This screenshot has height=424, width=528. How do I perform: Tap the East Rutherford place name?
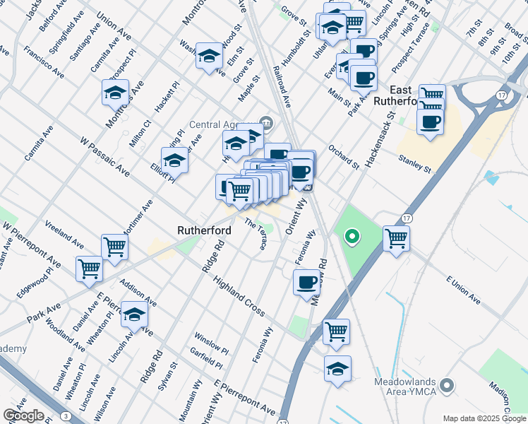point(412,95)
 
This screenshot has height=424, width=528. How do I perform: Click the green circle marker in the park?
point(350,237)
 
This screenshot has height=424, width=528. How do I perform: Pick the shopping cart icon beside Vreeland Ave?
point(114,247)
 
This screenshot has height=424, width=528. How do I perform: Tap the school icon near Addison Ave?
point(133,314)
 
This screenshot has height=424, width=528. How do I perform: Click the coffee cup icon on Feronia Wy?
point(306,283)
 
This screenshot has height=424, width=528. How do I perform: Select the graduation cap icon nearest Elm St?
point(210,56)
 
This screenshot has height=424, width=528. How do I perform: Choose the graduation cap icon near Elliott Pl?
point(174,160)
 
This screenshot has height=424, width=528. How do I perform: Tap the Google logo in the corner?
point(23,416)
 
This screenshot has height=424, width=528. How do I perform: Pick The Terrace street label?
point(256,234)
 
